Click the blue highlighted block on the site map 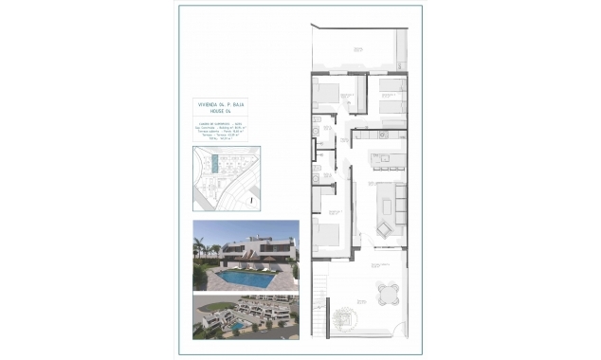click(217, 166)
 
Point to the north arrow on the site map click(249, 198)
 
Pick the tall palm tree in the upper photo click(200, 249)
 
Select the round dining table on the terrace click(387, 293)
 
